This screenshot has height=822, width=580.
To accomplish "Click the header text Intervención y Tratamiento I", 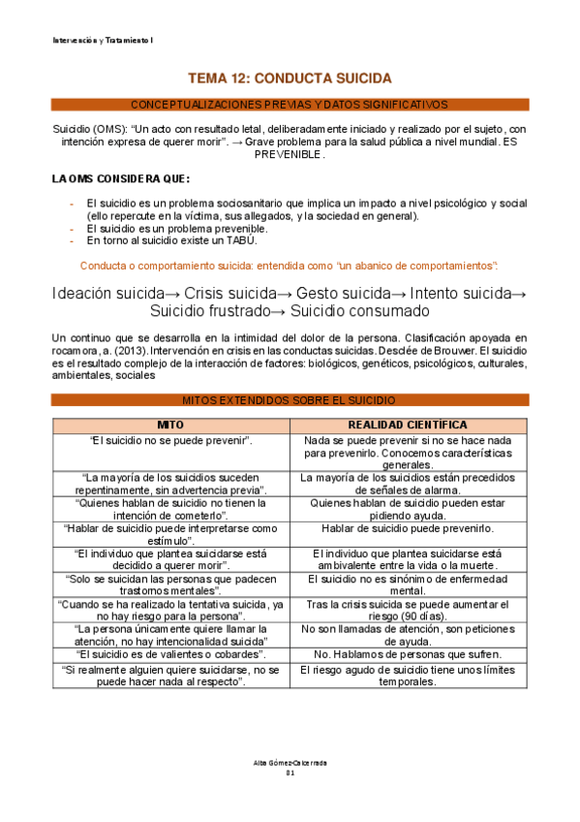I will pyautogui.click(x=100, y=40).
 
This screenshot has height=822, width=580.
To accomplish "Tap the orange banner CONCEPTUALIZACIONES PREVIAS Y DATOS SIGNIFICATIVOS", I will pyautogui.click(x=290, y=104).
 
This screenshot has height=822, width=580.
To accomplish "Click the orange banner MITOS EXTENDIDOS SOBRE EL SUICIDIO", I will pyautogui.click(x=290, y=399).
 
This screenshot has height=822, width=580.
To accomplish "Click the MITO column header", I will pyautogui.click(x=170, y=425).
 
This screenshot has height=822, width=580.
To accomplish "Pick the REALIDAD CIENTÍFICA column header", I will pyautogui.click(x=408, y=425).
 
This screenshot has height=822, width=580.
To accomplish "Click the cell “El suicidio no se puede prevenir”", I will pyautogui.click(x=170, y=440).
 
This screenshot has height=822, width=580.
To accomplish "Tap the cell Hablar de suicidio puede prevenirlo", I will pyautogui.click(x=408, y=528).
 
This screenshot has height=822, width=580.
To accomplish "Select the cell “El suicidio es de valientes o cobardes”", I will pyautogui.click(x=170, y=654).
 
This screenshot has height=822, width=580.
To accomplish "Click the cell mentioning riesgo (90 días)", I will pyautogui.click(x=408, y=611).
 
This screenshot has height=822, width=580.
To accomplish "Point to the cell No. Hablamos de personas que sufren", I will pyautogui.click(x=408, y=654).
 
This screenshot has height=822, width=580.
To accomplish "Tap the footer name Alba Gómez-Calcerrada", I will pyautogui.click(x=290, y=763).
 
